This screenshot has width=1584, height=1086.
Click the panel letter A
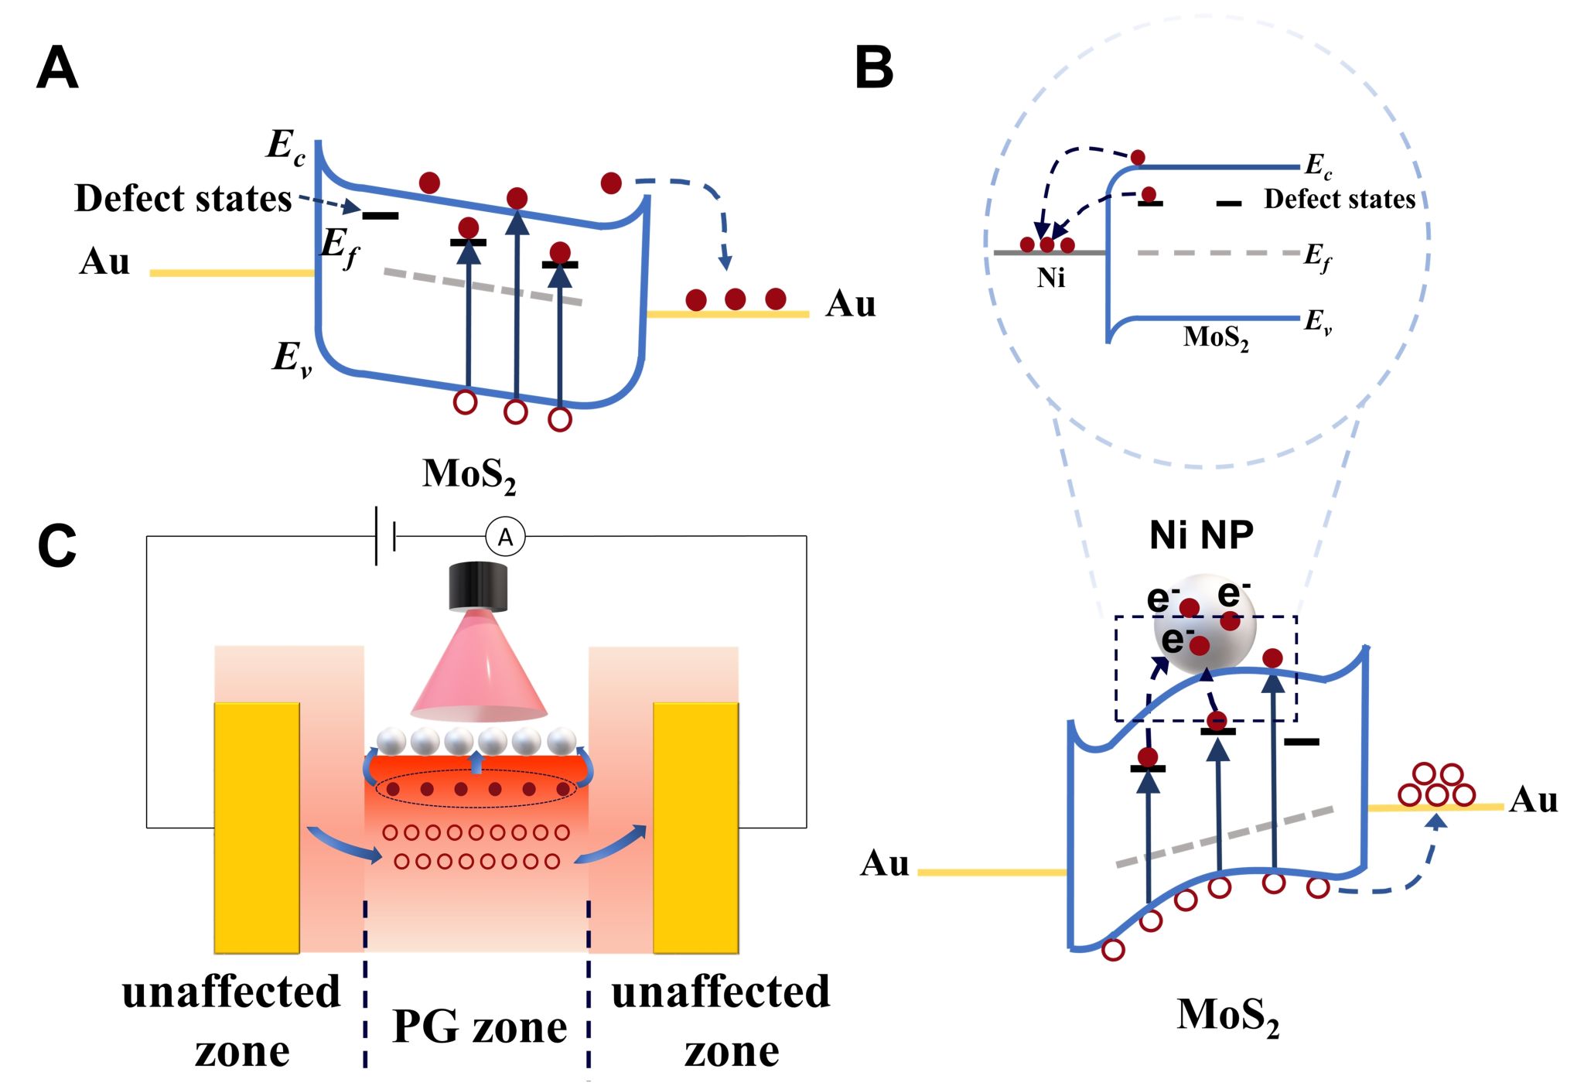click(x=57, y=68)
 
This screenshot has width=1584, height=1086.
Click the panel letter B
click(x=874, y=68)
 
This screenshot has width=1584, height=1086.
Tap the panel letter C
click(x=57, y=546)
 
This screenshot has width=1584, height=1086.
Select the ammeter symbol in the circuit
click(x=505, y=537)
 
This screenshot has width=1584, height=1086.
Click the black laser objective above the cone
click(x=478, y=586)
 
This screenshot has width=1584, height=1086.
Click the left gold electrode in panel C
click(x=257, y=828)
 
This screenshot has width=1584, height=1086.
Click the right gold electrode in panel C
click(x=695, y=828)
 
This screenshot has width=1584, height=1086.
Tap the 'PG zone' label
click(x=480, y=1027)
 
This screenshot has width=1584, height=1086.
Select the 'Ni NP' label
click(x=1201, y=535)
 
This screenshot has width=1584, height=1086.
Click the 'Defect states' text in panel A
click(x=183, y=199)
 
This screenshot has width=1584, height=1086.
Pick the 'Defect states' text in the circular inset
click(x=1340, y=200)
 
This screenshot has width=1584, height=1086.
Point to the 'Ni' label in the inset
click(x=1051, y=278)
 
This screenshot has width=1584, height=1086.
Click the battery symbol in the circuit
click(x=384, y=536)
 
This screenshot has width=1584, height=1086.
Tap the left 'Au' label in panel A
click(x=104, y=261)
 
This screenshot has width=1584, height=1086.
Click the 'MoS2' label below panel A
click(x=469, y=474)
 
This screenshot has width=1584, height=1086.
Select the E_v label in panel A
click(x=292, y=358)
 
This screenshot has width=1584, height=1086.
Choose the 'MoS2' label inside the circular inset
click(x=1216, y=337)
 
